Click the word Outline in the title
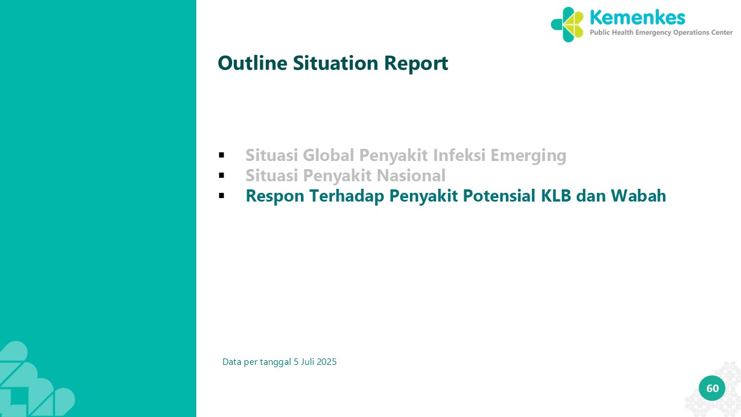pyautogui.click(x=252, y=63)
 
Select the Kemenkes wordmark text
pyautogui.click(x=637, y=17)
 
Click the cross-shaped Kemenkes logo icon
pyautogui.click(x=567, y=24)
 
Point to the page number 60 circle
pyautogui.click(x=712, y=388)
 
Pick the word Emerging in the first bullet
pyautogui.click(x=529, y=156)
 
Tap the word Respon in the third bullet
pyautogui.click(x=275, y=196)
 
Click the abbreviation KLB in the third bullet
pyautogui.click(x=556, y=196)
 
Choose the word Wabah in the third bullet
pyautogui.click(x=638, y=196)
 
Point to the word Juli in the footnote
pyautogui.click(x=307, y=362)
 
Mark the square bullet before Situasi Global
pyautogui.click(x=222, y=155)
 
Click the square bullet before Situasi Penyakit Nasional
pyautogui.click(x=222, y=175)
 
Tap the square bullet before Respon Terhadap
pyautogui.click(x=222, y=196)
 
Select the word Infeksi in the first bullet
pyautogui.click(x=459, y=155)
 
